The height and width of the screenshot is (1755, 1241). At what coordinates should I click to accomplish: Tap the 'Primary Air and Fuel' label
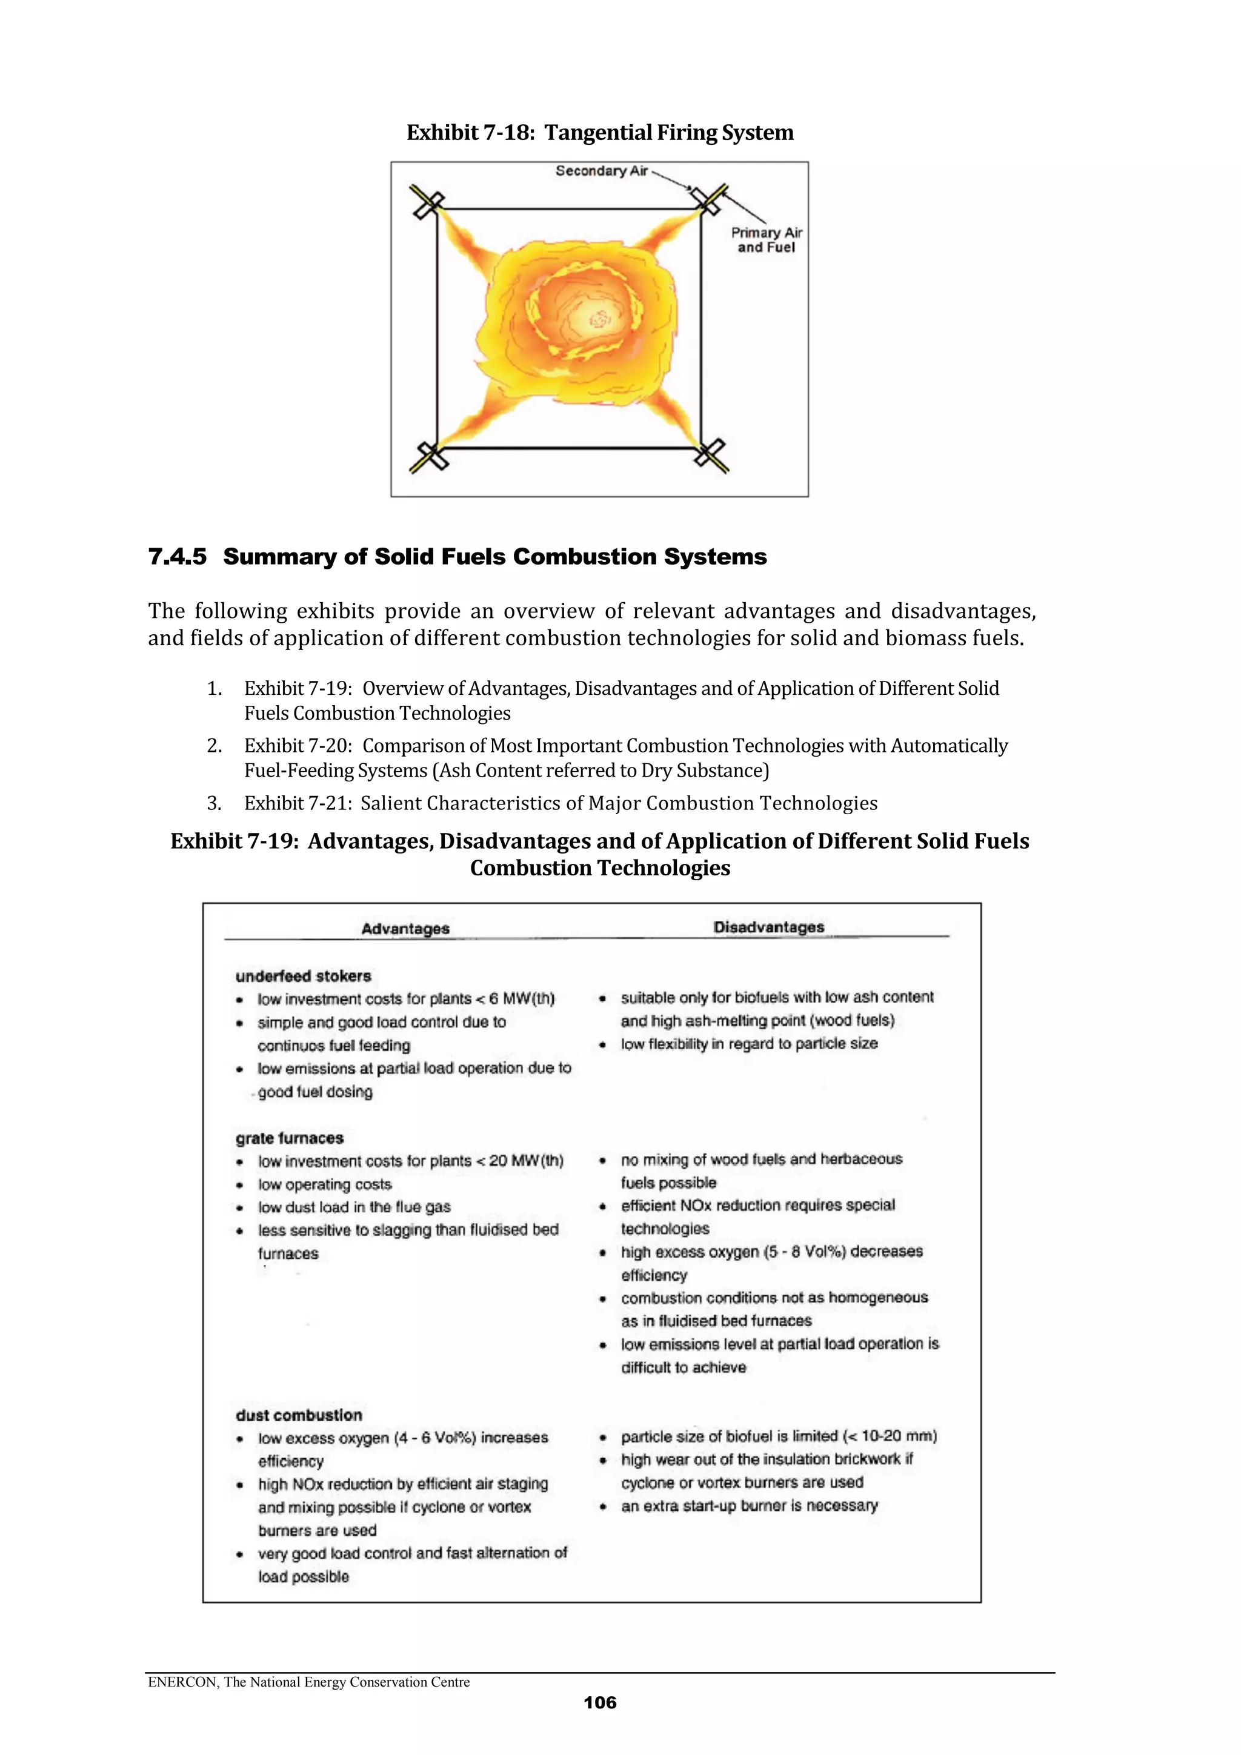click(x=766, y=240)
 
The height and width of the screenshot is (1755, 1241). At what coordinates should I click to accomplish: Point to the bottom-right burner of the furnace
click(x=710, y=456)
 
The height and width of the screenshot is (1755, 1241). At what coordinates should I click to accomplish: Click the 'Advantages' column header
click(x=405, y=928)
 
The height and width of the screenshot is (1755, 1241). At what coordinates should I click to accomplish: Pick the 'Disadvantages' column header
click(x=768, y=927)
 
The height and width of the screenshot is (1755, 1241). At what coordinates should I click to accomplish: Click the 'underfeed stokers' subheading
click(x=304, y=976)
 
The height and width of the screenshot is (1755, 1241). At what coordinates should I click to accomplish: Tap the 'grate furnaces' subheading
click(x=290, y=1138)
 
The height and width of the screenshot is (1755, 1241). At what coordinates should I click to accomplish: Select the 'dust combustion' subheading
click(x=299, y=1415)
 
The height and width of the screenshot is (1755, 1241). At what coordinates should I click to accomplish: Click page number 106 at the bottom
click(x=599, y=1702)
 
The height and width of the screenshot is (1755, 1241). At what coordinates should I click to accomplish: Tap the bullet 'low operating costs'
click(x=325, y=1185)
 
